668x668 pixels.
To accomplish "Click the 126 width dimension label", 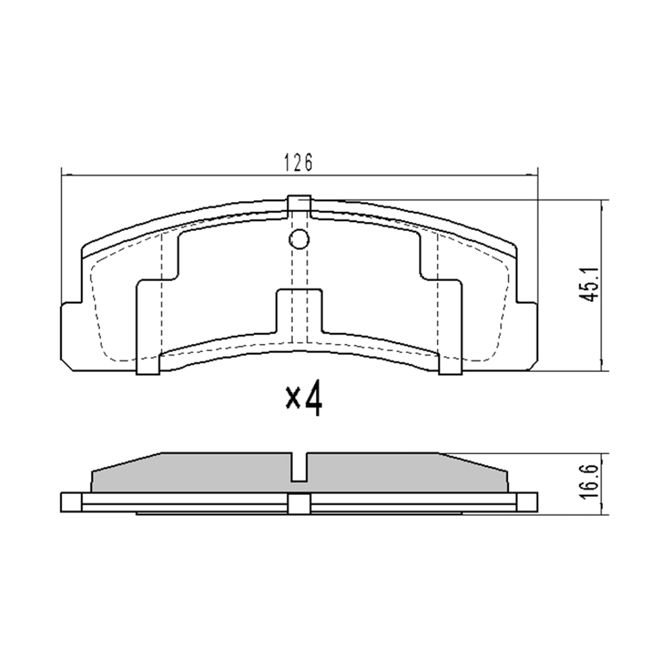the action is (298, 162).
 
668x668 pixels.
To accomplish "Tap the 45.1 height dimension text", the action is (591, 284).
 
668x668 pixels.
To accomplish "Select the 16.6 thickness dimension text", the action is (591, 482).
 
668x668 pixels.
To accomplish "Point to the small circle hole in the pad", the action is (299, 239).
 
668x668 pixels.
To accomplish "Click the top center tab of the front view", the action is (299, 207).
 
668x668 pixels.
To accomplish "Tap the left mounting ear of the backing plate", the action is (71, 336).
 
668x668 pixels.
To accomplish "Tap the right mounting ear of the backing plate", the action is (527, 336).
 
